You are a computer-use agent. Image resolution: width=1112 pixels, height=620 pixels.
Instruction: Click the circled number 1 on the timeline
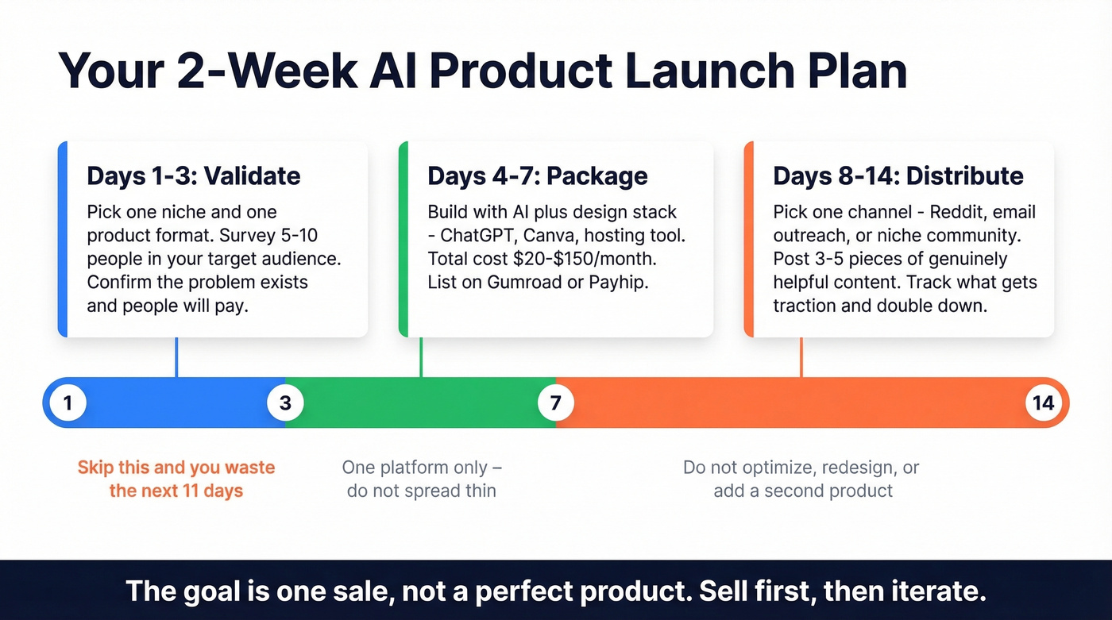68,403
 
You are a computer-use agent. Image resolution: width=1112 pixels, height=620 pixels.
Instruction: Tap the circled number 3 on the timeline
285,403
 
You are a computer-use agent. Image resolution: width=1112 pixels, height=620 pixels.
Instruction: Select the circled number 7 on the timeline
555,403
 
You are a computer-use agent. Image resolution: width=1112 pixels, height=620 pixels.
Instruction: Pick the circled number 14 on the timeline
1043,403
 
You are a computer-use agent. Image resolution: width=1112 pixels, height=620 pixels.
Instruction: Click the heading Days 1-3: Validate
193,175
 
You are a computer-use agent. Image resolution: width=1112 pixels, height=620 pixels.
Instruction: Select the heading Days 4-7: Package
537,175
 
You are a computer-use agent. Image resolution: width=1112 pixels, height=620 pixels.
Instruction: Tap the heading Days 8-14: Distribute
898,175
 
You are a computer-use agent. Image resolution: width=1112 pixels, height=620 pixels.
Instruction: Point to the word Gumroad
520,282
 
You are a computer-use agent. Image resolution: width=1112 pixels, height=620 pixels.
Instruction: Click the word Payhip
619,282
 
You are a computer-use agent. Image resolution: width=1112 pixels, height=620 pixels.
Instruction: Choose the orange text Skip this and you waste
176,468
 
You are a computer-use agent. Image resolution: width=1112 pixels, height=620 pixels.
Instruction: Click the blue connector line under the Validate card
176,357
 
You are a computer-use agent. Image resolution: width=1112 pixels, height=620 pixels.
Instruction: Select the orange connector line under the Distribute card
801,357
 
